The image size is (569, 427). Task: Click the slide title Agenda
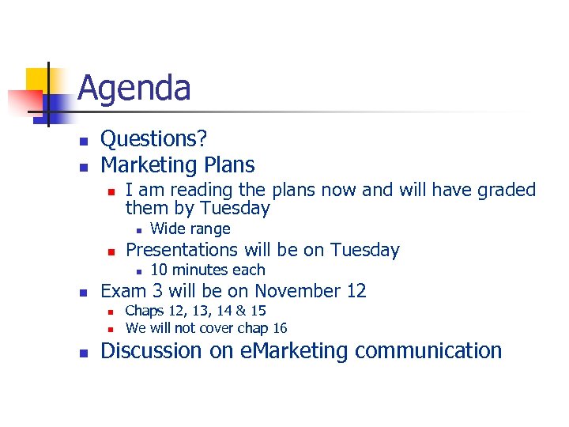click(134, 88)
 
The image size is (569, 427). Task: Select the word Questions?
click(154, 139)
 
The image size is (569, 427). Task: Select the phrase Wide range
click(190, 229)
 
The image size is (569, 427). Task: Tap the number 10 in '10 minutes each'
click(158, 270)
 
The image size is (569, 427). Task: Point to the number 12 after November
click(356, 291)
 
